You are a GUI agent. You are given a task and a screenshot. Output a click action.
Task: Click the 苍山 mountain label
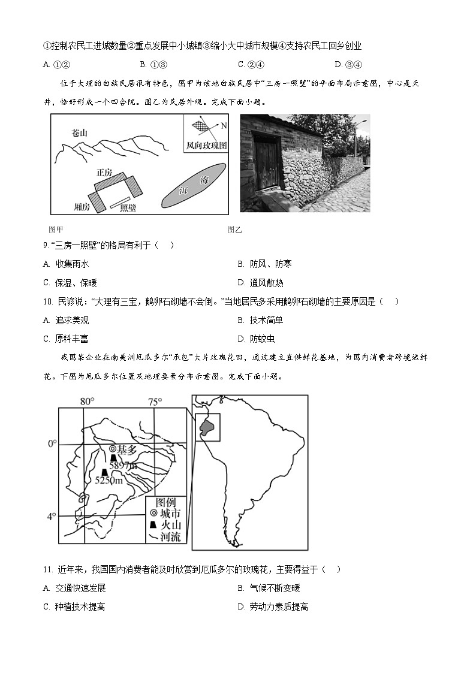79,133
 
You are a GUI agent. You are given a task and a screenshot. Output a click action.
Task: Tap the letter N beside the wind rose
224,126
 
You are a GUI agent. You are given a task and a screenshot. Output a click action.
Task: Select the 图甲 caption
56,230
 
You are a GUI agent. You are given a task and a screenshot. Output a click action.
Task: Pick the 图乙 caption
234,230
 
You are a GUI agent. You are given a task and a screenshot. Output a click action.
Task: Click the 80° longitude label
88,402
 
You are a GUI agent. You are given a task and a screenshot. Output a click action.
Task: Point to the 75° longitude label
155,402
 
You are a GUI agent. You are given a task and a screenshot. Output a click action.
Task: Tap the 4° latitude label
52,515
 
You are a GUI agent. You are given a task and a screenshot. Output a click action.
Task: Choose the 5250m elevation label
109,480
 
